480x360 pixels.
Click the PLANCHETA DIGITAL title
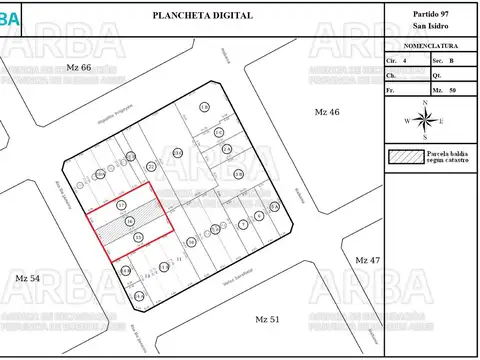pyautogui.click(x=202, y=16)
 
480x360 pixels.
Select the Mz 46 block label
pyautogui.click(x=327, y=111)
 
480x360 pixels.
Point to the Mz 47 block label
pyautogui.click(x=368, y=259)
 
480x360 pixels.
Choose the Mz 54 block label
pyautogui.click(x=28, y=276)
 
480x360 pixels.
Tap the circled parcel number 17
pyautogui.click(x=121, y=205)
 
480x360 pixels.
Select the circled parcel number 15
pyautogui.click(x=138, y=237)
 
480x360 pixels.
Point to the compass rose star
pyautogui.click(x=426, y=120)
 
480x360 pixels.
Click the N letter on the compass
pyautogui.click(x=426, y=103)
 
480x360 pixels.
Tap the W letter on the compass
pyautogui.click(x=407, y=120)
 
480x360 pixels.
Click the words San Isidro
pyautogui.click(x=431, y=27)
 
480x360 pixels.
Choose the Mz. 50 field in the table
pyautogui.click(x=443, y=90)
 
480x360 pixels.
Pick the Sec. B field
pyautogui.click(x=443, y=61)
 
